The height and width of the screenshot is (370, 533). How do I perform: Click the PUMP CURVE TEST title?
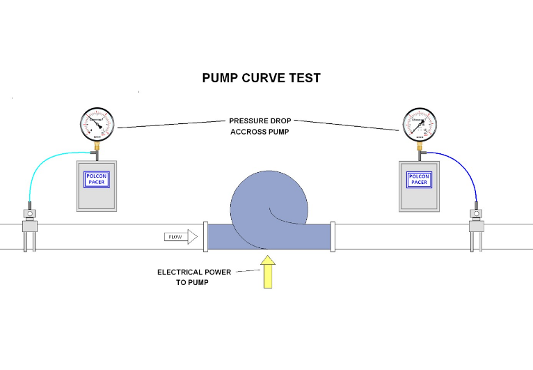262,78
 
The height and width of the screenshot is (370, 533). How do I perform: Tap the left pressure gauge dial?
97,125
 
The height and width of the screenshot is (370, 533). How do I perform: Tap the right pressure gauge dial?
420,125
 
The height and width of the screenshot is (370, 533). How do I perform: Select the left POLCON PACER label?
96,180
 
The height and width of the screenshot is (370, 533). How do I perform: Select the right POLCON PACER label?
419,180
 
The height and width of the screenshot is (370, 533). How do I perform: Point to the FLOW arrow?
180,237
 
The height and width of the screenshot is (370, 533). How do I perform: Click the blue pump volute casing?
268,202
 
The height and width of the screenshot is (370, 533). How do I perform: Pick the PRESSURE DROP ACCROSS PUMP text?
260,126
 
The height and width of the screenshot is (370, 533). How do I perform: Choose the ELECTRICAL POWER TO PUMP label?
193,277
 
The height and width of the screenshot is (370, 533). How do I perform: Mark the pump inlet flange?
205,236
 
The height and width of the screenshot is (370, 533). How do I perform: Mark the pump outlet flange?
333,236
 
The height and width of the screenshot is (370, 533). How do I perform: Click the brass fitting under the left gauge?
97,147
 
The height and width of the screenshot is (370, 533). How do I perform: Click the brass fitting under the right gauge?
420,147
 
